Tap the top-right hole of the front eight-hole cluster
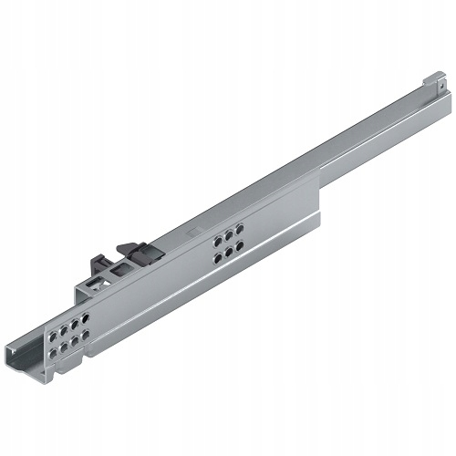click(86, 316)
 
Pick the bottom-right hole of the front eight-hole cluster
click(87, 336)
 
